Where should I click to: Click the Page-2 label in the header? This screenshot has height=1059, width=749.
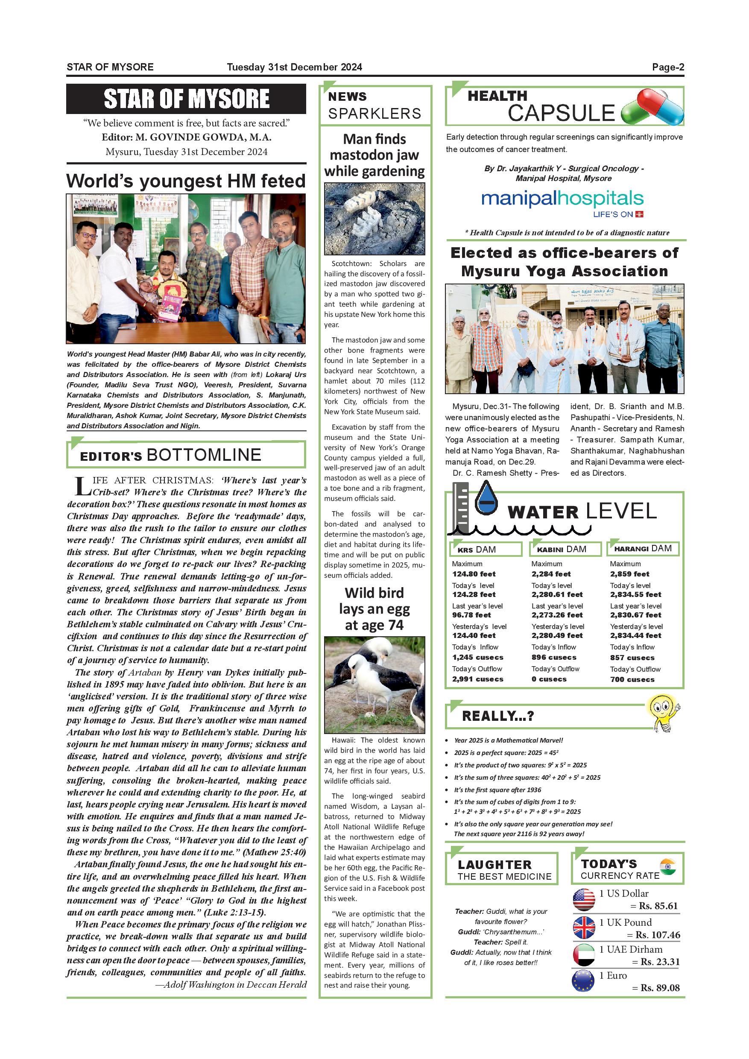pos(667,67)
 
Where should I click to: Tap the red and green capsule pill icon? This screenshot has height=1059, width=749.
pos(652,108)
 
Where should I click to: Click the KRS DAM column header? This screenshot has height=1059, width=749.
pos(485,549)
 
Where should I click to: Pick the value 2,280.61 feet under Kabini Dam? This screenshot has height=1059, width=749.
pos(557,594)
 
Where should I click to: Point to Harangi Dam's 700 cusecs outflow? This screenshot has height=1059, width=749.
pos(632,679)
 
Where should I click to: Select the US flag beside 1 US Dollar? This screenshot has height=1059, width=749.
pos(584,900)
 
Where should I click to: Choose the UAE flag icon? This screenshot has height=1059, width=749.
pos(584,954)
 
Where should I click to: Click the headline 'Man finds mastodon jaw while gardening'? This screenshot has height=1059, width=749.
pos(374,155)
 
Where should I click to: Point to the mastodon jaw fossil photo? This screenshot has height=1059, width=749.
pos(374,218)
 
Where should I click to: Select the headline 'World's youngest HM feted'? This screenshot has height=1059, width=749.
pos(186,181)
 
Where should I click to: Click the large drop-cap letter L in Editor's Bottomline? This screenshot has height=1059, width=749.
pos(82,487)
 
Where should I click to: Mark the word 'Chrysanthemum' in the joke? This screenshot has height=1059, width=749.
pos(505,932)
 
